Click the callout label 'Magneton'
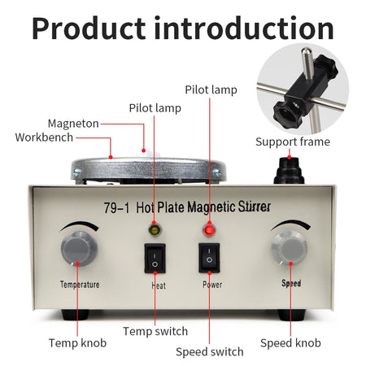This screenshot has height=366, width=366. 72,124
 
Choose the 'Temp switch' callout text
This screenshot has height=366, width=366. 155,331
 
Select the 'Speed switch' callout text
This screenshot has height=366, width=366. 209,351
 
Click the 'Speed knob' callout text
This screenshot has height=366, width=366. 290,342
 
